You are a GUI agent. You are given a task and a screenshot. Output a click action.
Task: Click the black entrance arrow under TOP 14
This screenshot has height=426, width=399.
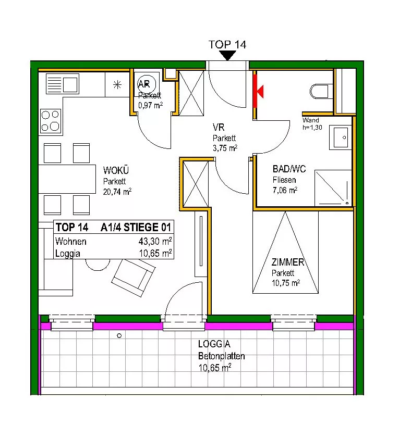227,55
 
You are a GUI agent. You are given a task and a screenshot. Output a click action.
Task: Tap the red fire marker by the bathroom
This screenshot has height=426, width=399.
258,91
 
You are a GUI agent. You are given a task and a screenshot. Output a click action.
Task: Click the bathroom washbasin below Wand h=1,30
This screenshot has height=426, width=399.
340,137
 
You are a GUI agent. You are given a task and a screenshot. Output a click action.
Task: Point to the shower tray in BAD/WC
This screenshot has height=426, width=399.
333,187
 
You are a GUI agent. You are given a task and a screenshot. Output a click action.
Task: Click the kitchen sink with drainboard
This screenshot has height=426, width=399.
63,84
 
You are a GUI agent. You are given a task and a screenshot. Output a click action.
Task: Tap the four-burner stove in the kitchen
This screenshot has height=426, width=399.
51,121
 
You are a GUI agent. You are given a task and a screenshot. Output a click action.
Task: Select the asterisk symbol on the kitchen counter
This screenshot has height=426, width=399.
117,85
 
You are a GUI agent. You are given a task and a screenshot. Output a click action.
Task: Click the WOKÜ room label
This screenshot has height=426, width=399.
116,170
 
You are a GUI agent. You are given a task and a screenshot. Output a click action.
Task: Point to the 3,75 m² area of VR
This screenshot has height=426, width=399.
225,148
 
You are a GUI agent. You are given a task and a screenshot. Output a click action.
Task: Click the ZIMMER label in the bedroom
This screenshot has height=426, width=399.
288,262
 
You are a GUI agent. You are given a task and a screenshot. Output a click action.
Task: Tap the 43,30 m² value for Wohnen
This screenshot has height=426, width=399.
155,241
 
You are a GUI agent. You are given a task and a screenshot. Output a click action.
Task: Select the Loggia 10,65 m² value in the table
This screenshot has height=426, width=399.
155,253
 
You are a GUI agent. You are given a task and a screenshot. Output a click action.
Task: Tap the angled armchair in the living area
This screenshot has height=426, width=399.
134,278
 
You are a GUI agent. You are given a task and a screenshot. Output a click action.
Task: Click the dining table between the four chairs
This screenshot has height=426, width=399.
67,179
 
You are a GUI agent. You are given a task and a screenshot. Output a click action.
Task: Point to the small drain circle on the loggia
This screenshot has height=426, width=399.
119,336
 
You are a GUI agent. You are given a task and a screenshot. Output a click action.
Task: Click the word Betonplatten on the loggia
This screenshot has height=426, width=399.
222,356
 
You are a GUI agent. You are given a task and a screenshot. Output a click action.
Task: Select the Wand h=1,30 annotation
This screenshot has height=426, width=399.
312,123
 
